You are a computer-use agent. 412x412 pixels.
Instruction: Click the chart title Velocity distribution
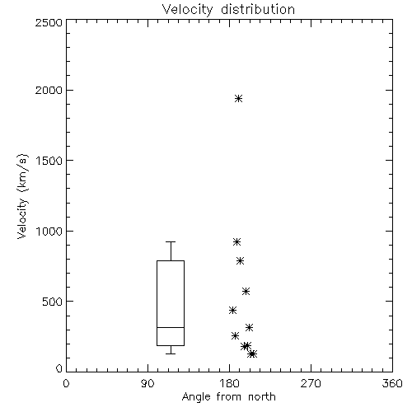(228, 9)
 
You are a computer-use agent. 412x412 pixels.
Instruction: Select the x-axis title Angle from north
(228, 397)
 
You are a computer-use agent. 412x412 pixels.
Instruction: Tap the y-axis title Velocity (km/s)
(22, 196)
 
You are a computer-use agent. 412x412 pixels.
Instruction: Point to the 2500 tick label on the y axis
(49, 22)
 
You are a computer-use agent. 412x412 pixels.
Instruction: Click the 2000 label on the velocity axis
(49, 90)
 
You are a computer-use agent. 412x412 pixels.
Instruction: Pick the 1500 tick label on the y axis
(49, 161)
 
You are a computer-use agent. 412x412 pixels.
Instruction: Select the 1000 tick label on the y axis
(49, 232)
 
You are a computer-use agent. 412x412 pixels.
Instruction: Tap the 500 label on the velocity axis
(53, 302)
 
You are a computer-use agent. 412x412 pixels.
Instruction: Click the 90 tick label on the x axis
(147, 383)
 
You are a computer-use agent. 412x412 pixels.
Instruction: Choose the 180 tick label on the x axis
(229, 383)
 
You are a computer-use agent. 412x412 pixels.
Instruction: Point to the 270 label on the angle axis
(311, 383)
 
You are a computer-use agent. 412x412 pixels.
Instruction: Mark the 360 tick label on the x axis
(392, 383)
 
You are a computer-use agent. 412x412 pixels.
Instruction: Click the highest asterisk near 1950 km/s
(239, 99)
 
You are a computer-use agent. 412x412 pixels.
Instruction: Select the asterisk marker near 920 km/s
(236, 242)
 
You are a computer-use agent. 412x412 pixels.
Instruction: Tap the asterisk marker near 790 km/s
(241, 261)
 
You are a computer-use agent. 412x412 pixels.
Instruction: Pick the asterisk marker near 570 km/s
(246, 292)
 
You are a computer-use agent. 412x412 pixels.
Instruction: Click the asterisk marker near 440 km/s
(233, 311)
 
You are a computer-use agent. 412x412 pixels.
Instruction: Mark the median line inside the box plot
(171, 327)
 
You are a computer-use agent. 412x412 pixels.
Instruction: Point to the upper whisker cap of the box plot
(171, 241)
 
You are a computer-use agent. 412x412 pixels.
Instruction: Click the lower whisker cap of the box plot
(171, 353)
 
